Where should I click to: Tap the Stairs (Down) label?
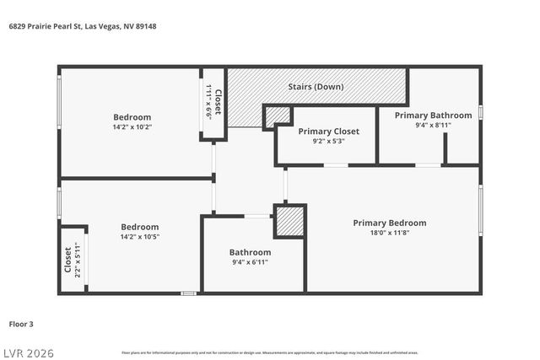click(x=316, y=87)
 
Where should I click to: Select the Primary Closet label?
click(x=328, y=132)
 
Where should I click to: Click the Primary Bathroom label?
click(x=433, y=115)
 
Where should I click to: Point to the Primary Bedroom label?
click(x=389, y=223)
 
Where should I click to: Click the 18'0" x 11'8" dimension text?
click(x=389, y=233)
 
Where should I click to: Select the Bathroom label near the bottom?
click(x=250, y=252)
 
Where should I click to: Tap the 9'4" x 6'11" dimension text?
click(x=250, y=263)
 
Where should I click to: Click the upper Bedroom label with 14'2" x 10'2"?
click(x=132, y=117)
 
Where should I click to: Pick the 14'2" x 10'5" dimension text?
click(x=139, y=237)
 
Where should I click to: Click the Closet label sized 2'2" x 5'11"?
click(x=68, y=260)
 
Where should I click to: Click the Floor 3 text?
click(x=21, y=323)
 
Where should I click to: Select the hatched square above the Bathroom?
click(x=289, y=222)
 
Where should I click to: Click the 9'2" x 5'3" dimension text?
click(x=328, y=142)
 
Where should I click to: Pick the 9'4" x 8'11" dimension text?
click(x=433, y=125)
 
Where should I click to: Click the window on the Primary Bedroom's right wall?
click(x=480, y=210)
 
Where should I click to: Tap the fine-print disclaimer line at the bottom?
click(x=269, y=352)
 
